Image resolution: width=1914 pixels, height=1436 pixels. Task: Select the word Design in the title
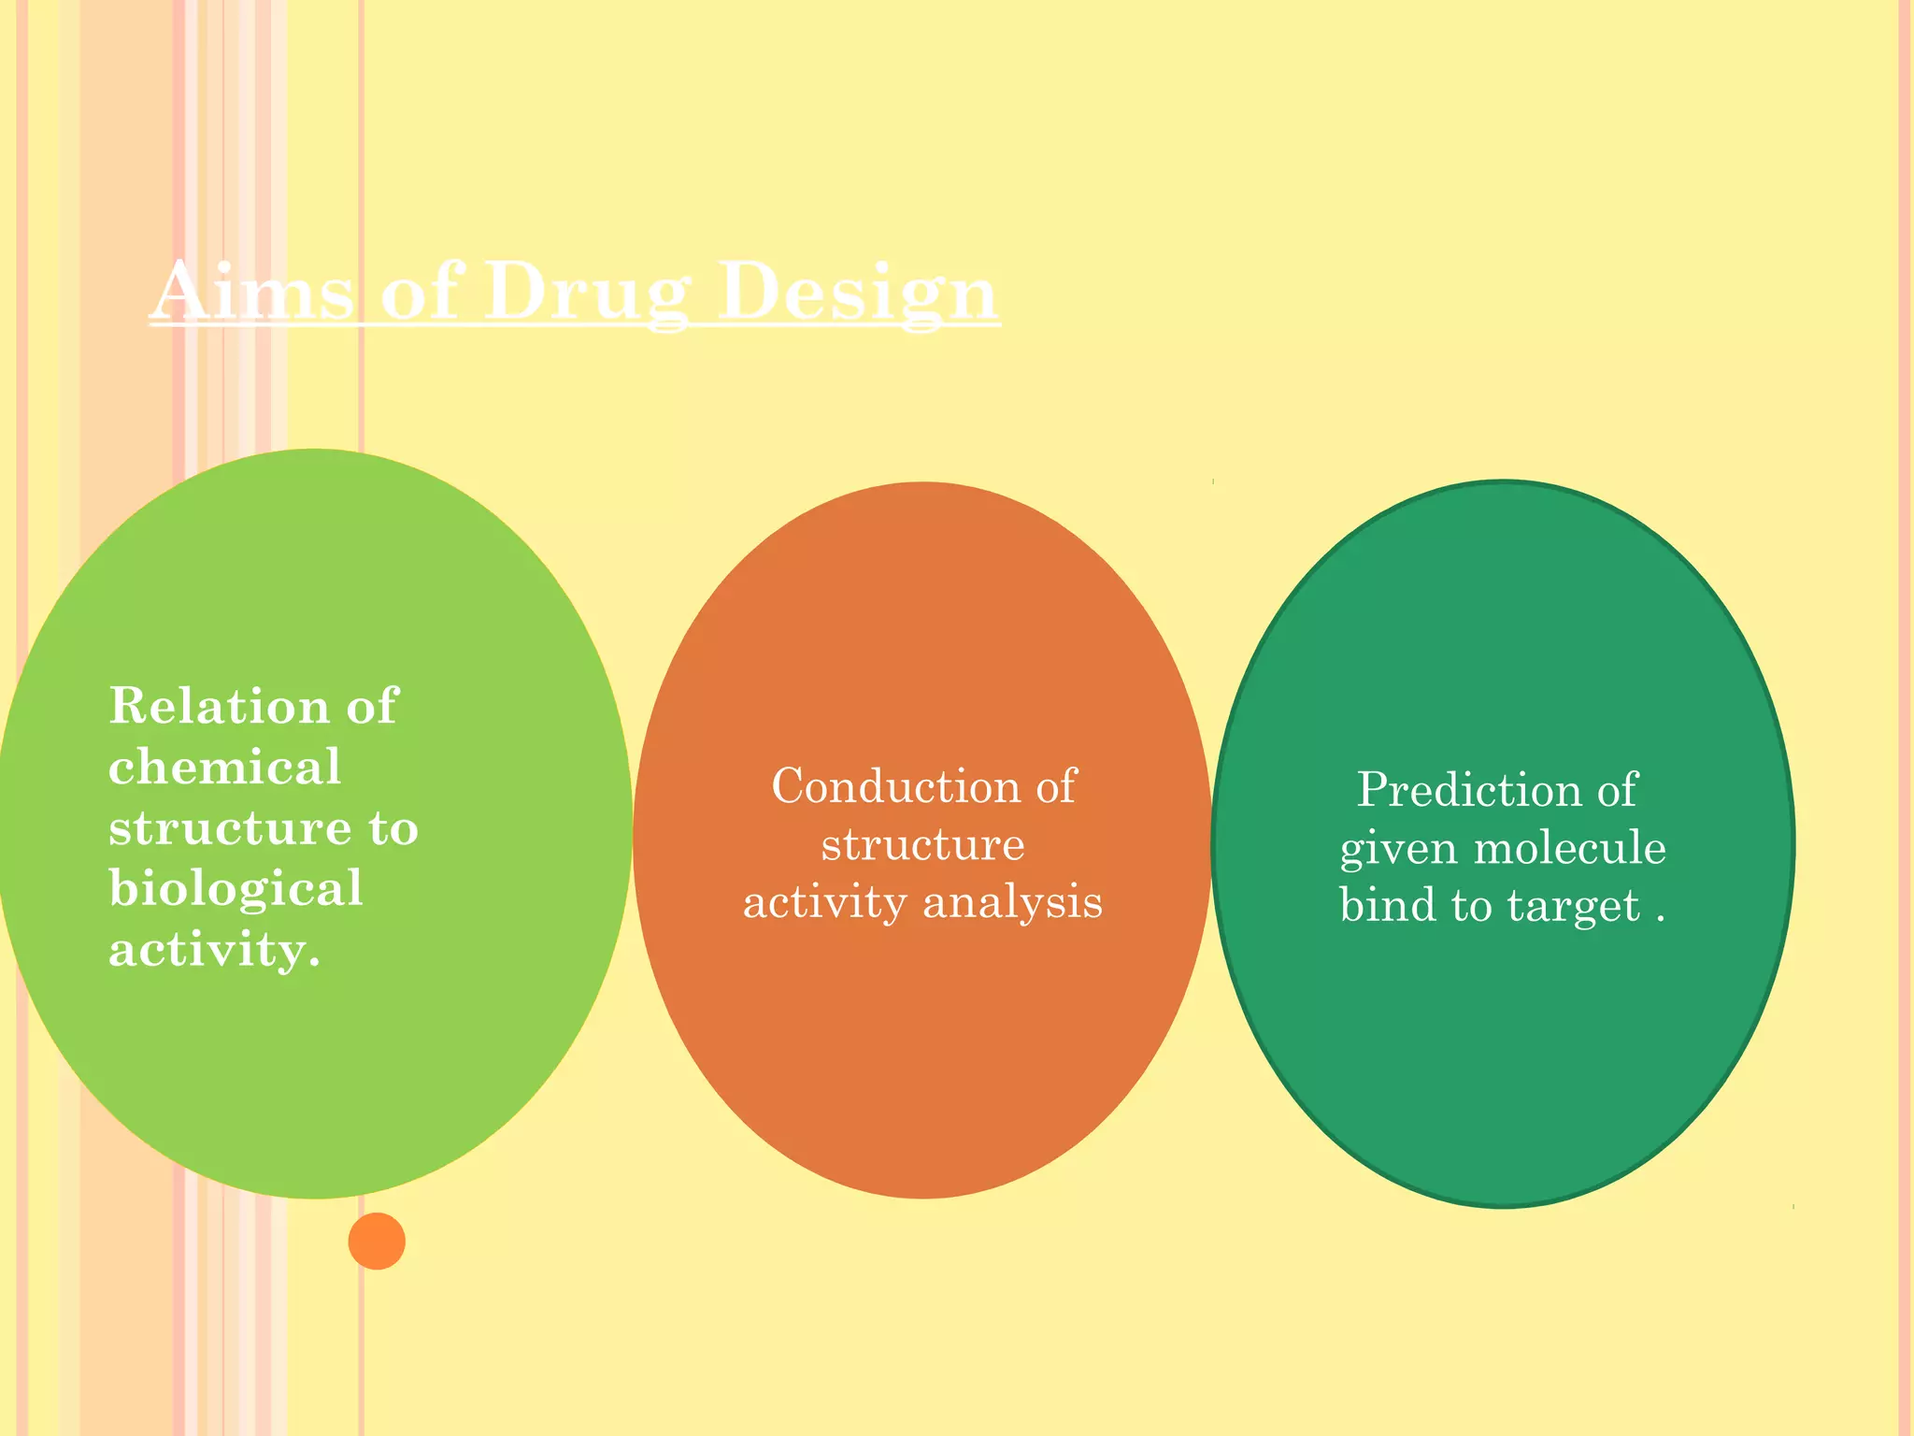[858, 292]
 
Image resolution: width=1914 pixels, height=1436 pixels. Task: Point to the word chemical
[224, 767]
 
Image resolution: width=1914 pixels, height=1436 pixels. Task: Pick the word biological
[236, 888]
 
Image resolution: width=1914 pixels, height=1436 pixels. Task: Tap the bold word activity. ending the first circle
[214, 950]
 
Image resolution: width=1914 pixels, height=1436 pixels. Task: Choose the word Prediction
[1468, 790]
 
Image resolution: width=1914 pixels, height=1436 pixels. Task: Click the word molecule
[1569, 848]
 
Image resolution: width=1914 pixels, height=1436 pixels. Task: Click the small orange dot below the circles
[377, 1241]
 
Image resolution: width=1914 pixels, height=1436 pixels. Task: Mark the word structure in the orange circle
[922, 845]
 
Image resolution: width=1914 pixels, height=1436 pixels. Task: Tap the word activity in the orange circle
[824, 903]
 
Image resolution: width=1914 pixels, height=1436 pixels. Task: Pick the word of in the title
[420, 292]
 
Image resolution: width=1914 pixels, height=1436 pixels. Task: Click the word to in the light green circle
[393, 828]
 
